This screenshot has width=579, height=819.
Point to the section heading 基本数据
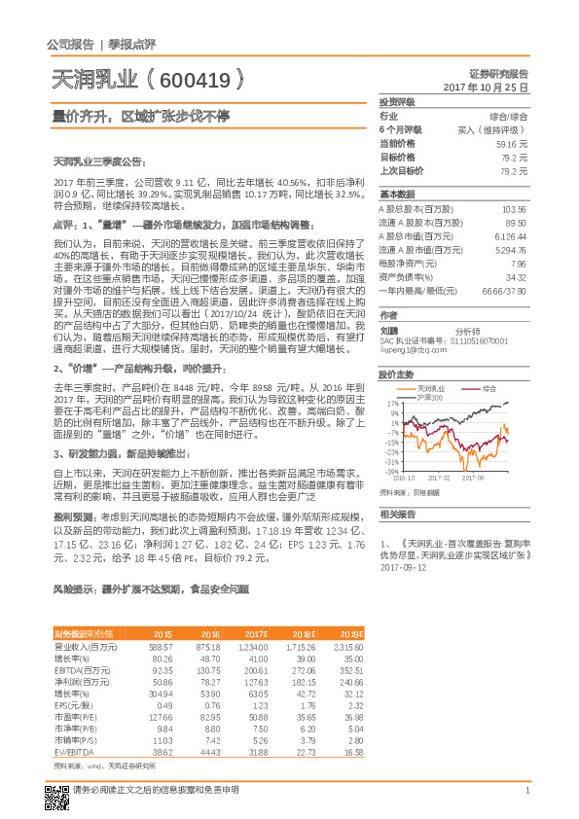point(397,194)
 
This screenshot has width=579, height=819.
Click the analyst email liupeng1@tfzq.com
point(415,349)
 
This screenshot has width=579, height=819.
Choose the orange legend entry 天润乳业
point(429,388)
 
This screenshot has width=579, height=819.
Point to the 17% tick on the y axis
point(393,404)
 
